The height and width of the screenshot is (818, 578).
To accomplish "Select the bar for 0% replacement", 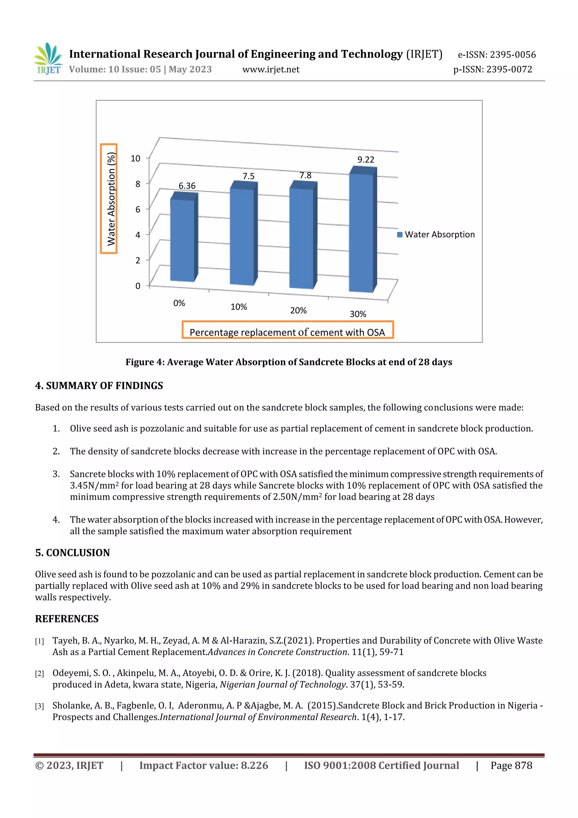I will click(x=182, y=241).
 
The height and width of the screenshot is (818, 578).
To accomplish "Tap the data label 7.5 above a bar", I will click(x=249, y=176).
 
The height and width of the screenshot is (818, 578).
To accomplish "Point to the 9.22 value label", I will click(x=366, y=160).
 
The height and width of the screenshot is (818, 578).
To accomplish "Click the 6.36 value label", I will click(x=187, y=186).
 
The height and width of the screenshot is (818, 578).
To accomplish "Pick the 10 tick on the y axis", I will click(x=135, y=158).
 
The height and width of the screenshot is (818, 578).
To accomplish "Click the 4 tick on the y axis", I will click(x=137, y=235).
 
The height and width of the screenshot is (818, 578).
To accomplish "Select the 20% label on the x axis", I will click(x=298, y=310).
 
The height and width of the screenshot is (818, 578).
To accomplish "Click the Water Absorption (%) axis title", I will click(x=111, y=199).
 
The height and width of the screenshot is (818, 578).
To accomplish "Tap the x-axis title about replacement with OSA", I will click(x=287, y=332).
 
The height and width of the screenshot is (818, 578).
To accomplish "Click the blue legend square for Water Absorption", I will click(x=400, y=234).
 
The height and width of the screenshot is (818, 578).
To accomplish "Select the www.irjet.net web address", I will click(x=271, y=69).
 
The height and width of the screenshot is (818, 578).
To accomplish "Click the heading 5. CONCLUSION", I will click(x=72, y=553).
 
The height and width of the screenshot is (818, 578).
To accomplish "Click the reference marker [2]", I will click(x=39, y=673).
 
